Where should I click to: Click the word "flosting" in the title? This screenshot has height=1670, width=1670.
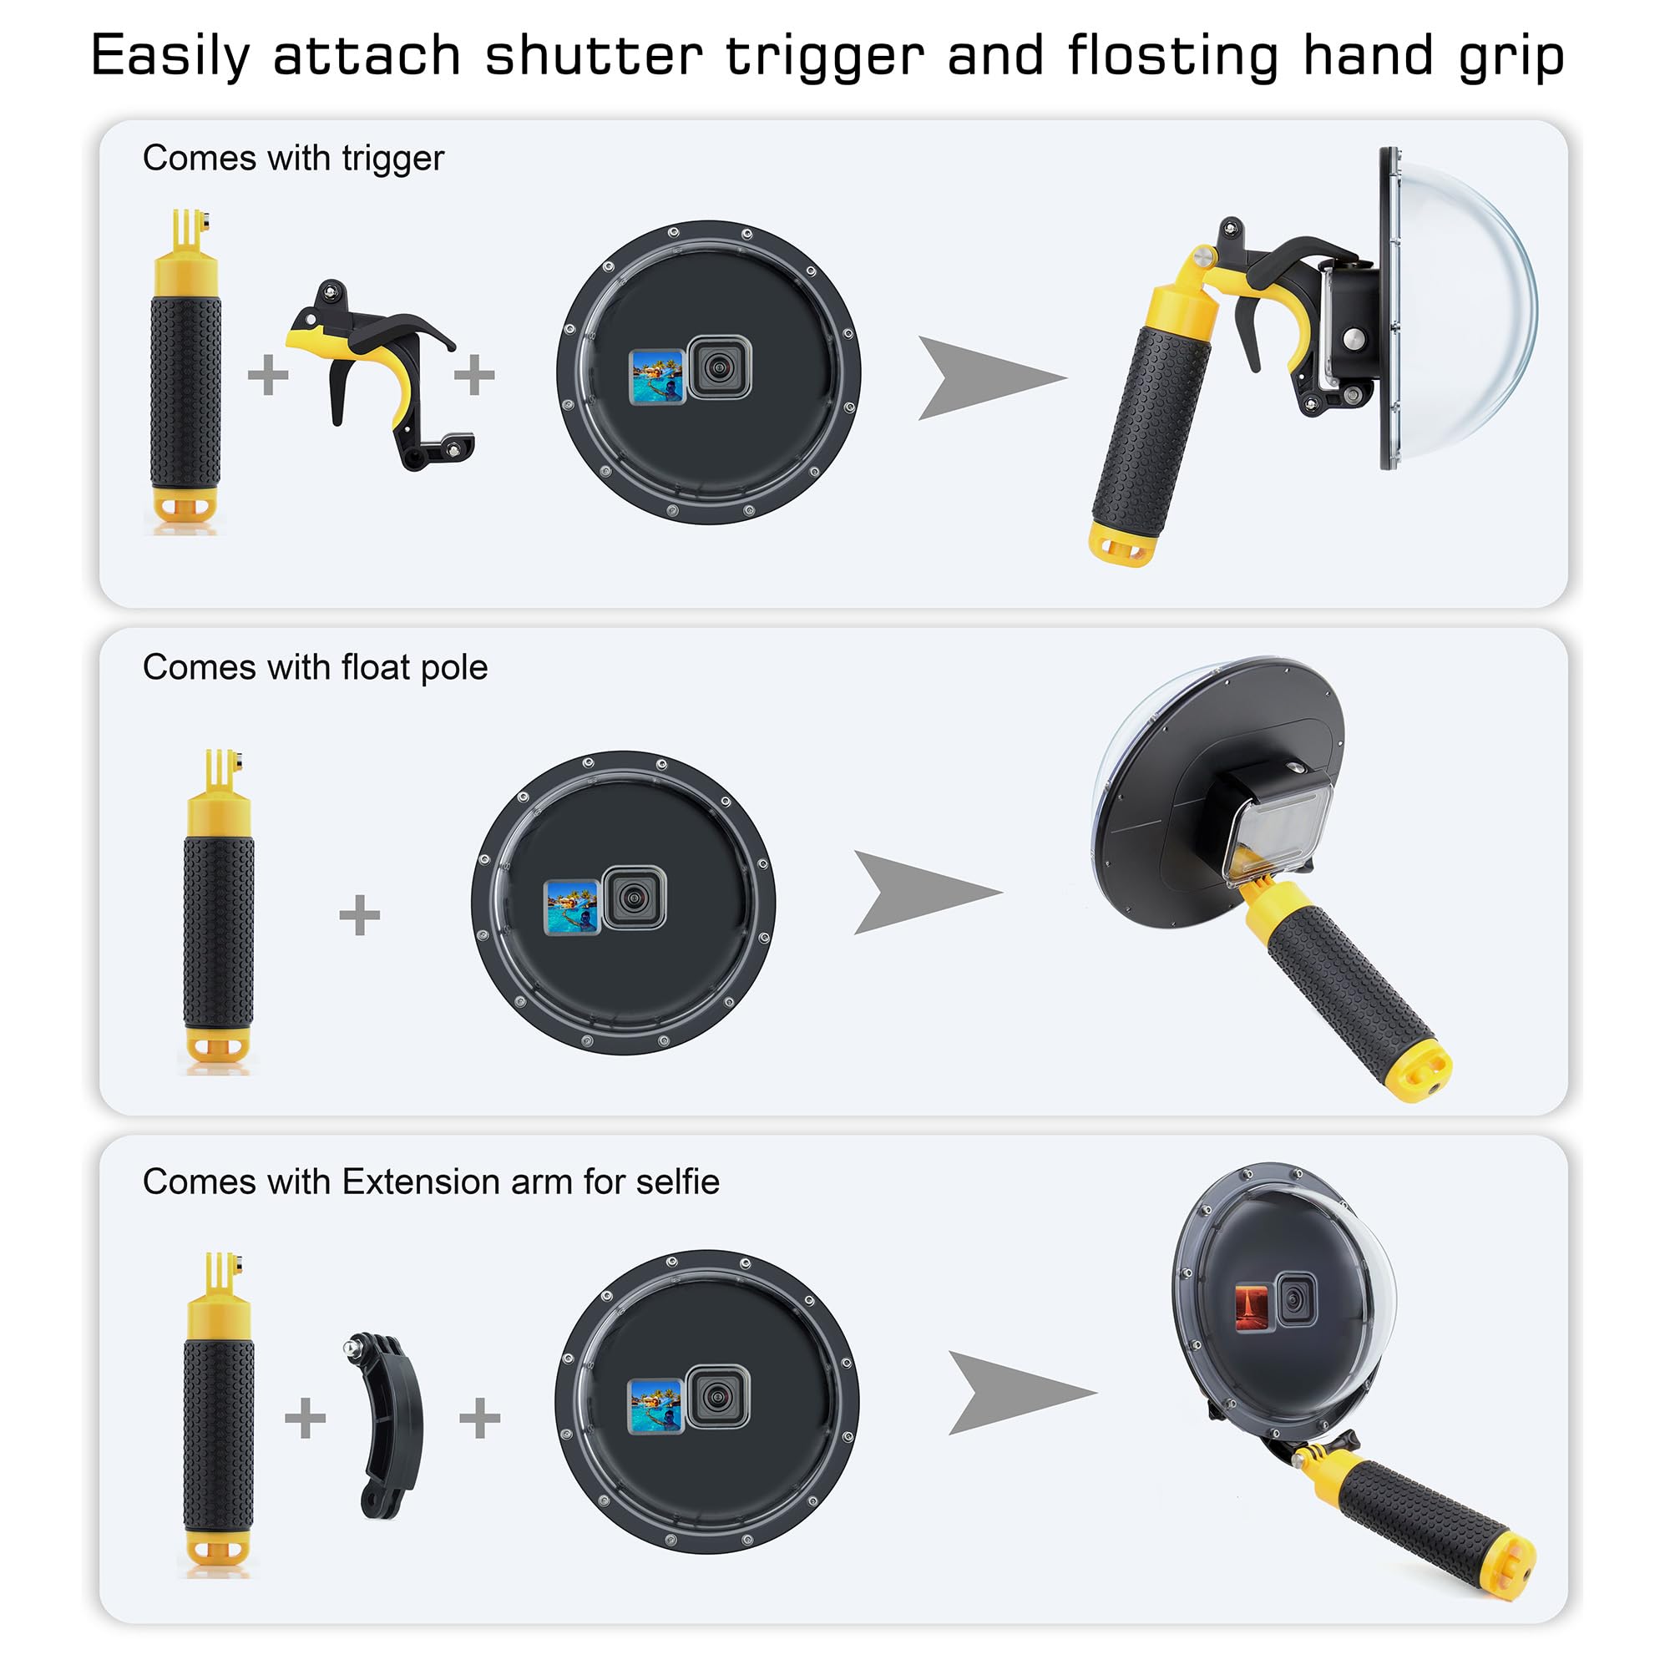[x=1172, y=56]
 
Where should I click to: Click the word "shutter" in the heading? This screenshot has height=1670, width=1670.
[x=593, y=56]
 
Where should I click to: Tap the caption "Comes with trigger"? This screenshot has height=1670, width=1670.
[x=293, y=158]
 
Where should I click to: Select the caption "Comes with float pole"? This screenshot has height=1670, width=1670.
[x=315, y=667]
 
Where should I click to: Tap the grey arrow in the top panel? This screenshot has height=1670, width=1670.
[x=985, y=377]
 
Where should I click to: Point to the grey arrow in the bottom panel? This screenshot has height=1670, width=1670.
[x=1015, y=1393]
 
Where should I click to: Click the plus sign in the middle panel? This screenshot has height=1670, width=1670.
[x=360, y=915]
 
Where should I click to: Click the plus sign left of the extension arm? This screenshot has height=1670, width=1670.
[x=305, y=1418]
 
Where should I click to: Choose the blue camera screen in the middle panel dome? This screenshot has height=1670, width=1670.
[x=571, y=908]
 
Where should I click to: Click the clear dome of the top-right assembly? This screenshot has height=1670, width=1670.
[x=1470, y=311]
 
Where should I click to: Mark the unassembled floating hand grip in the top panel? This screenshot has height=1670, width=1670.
[x=186, y=372]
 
